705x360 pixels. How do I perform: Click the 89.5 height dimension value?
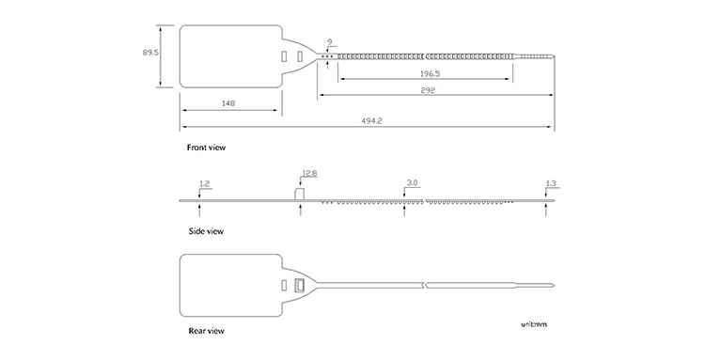tap(150, 52)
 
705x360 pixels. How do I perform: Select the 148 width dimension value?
tap(228, 103)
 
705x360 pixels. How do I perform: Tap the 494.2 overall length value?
tap(372, 121)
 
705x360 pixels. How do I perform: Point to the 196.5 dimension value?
tap(430, 73)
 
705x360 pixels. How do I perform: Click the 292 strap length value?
tap(428, 90)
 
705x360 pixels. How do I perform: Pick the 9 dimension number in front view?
tap(330, 41)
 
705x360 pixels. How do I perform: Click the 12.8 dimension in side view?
tap(309, 174)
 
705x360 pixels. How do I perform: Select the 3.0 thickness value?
tap(413, 183)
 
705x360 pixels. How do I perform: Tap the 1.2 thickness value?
tap(204, 183)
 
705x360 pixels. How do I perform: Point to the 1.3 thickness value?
tap(551, 183)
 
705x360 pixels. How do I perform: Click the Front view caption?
tap(207, 148)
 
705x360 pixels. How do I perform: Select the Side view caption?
tap(206, 231)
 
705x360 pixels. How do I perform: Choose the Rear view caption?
tap(206, 331)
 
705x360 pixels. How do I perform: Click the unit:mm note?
tap(534, 324)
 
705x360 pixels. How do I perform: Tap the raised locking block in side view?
tap(299, 195)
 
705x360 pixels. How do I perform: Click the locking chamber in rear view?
tap(299, 286)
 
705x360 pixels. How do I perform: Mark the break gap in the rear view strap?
tap(425, 286)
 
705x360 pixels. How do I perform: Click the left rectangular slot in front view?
tap(284, 56)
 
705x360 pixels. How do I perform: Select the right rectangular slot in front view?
tap(300, 56)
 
